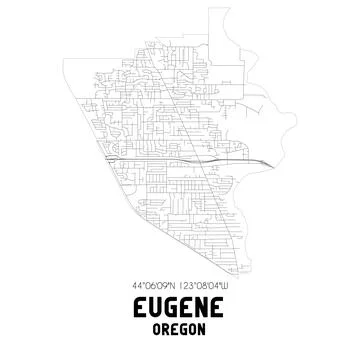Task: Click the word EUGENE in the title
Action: click(x=180, y=308)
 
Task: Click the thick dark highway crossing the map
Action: click(x=150, y=157)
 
